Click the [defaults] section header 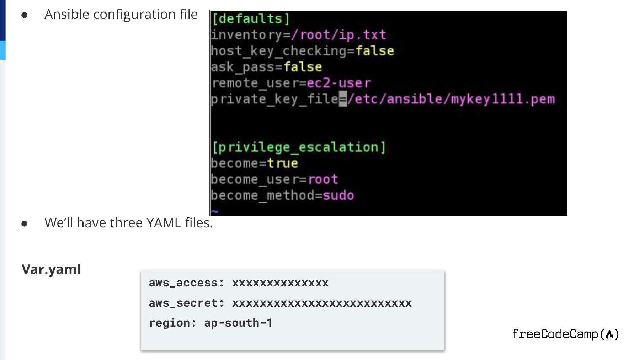[x=251, y=19]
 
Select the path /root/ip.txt [x=338, y=35]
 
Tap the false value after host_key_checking [x=375, y=51]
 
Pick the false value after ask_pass [x=303, y=67]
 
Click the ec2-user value [x=338, y=83]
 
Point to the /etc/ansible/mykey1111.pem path [x=451, y=99]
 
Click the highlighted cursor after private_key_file [x=343, y=99]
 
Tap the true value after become [x=282, y=163]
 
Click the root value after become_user [x=323, y=179]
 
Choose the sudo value [x=338, y=195]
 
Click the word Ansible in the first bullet [x=67, y=15]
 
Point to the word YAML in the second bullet [x=164, y=223]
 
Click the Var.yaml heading [x=51, y=269]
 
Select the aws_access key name [x=183, y=283]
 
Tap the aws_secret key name [x=183, y=303]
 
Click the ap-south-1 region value [x=238, y=323]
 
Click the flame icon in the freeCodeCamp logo [x=610, y=334]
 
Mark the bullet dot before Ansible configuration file [x=25, y=15]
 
